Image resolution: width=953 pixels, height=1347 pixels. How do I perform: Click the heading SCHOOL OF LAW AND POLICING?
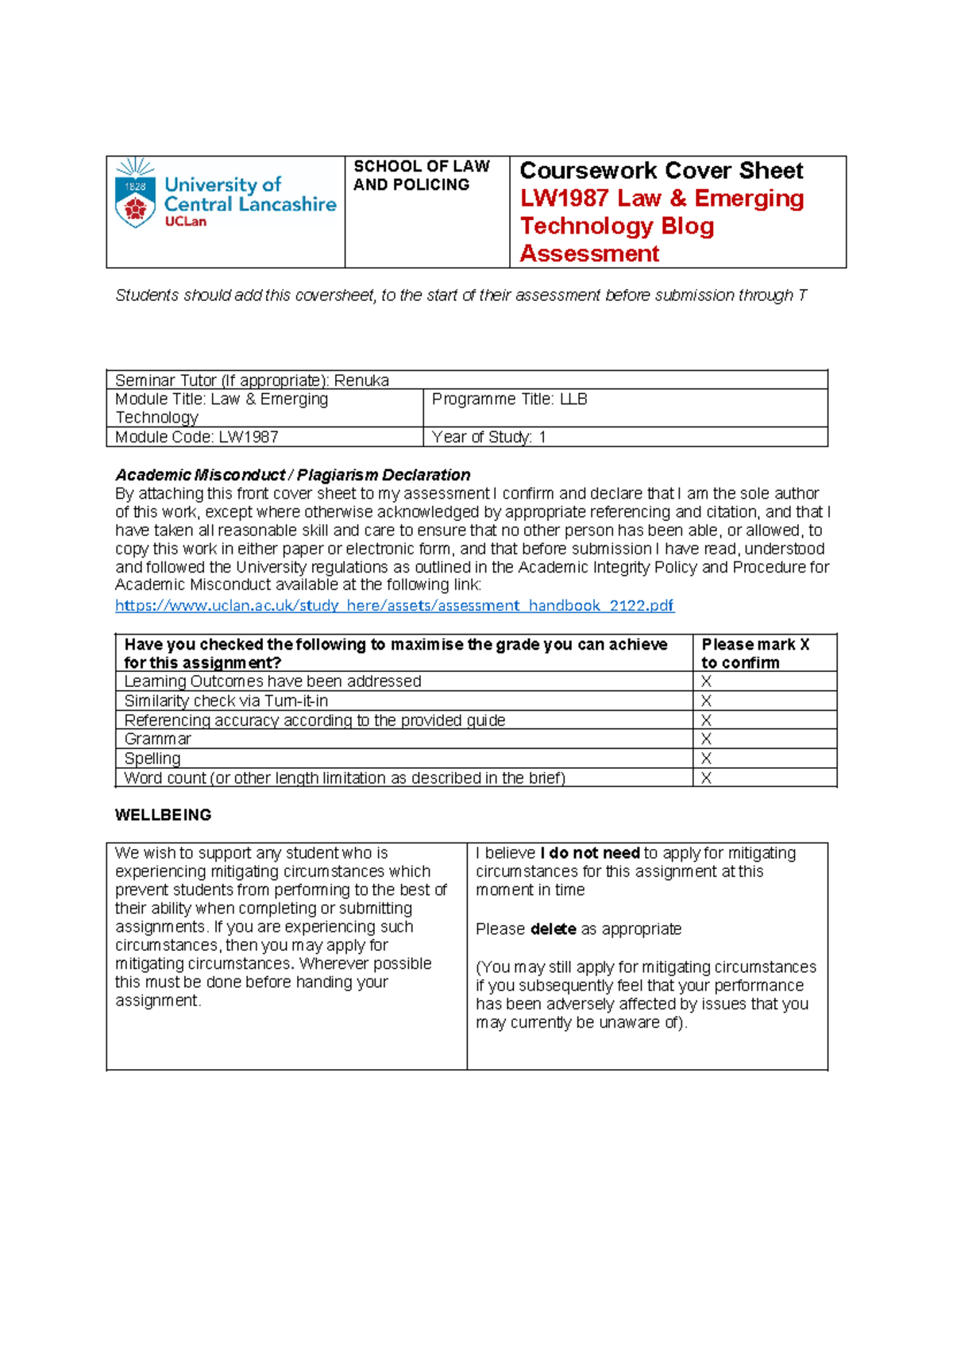[x=421, y=176]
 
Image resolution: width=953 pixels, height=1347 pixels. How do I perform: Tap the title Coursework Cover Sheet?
[x=661, y=171]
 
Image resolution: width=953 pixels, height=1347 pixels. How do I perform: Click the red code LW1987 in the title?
[x=564, y=199]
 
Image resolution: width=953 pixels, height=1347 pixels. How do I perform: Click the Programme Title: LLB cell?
[x=509, y=399]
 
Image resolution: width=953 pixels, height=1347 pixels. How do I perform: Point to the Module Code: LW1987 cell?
[x=196, y=437]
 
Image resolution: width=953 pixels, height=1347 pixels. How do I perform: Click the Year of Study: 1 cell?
[x=488, y=437]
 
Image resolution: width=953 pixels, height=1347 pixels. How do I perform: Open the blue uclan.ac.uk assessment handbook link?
[x=394, y=605]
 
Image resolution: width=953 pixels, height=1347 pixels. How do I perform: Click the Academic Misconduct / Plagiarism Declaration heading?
[x=292, y=475]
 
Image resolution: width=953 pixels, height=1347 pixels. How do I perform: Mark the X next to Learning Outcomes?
[x=706, y=681]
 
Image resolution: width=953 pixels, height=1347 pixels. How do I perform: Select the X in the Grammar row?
[x=706, y=739]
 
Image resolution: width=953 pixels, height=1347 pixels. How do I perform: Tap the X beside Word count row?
[x=706, y=778]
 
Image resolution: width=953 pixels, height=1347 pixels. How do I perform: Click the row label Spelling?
[x=152, y=758]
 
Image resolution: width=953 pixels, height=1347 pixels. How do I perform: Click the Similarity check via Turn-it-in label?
[x=226, y=701]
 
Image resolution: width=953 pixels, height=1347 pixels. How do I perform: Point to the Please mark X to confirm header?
[x=754, y=653]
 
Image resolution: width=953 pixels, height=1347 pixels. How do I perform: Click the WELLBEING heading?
[x=163, y=815]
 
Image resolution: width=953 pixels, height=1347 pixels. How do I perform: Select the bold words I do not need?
[x=590, y=853]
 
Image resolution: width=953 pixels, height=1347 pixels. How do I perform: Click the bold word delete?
[x=553, y=929]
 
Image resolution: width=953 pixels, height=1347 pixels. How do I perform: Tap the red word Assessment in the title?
[x=589, y=254]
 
